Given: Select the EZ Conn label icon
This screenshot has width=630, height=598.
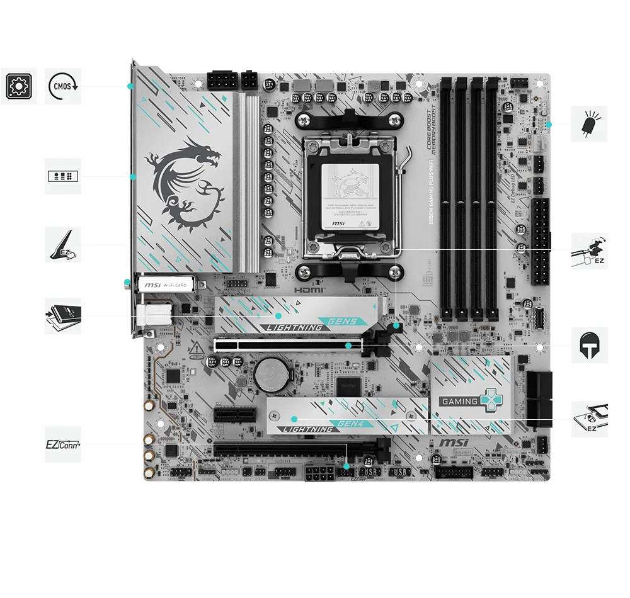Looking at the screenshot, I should coord(64,444).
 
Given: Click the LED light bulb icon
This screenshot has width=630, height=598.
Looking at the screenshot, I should coord(590,125).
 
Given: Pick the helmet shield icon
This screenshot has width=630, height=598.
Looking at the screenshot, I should coord(590,347).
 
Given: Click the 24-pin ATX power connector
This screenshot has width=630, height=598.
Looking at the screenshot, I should coord(541,242).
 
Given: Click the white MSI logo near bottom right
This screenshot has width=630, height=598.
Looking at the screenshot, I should coord(454,443).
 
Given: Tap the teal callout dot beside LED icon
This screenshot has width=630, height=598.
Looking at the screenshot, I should coord(549,125).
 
